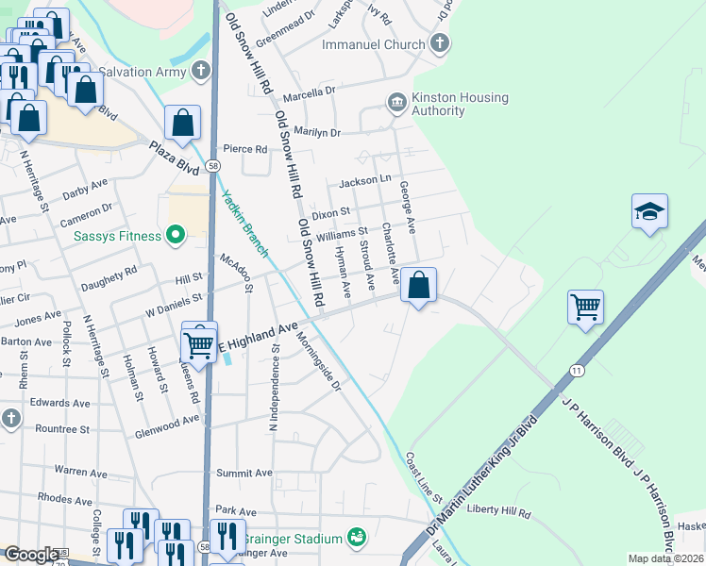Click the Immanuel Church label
373,44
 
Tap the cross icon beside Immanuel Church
439,43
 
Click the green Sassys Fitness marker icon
175,234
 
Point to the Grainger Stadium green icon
356,538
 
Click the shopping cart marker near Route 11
585,306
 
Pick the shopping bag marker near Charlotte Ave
418,284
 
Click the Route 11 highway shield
576,373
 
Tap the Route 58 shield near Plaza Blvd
214,165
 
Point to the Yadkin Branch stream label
244,224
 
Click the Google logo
30,555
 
